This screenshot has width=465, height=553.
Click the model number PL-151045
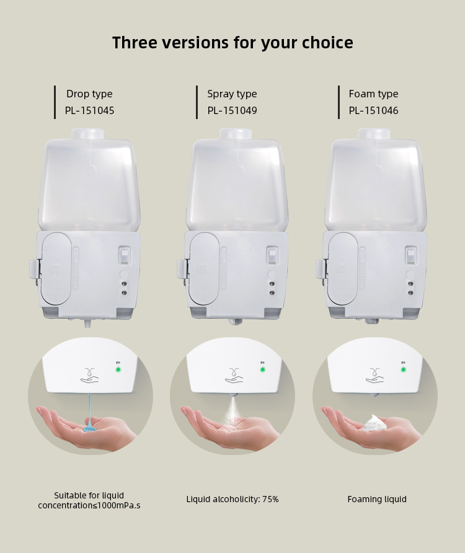[90, 111]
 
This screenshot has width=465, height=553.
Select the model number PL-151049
[232, 111]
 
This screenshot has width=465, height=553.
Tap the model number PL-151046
[374, 111]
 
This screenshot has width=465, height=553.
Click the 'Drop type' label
[89, 94]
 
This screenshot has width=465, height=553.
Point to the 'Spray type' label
[232, 94]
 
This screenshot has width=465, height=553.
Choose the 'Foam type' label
[374, 94]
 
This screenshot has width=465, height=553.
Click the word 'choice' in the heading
[327, 43]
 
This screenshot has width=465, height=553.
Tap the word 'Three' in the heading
[135, 43]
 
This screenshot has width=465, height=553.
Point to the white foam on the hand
[375, 423]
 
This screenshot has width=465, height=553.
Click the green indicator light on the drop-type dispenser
[118, 369]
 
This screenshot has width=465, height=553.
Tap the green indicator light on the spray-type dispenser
[262, 369]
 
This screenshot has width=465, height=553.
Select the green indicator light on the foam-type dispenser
[403, 369]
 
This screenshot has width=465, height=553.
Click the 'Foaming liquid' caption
[377, 500]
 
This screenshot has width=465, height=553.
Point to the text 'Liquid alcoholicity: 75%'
[232, 500]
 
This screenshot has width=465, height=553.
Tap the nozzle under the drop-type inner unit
[87, 322]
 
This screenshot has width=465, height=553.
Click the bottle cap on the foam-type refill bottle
[374, 134]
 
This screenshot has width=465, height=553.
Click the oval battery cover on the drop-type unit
[57, 268]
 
